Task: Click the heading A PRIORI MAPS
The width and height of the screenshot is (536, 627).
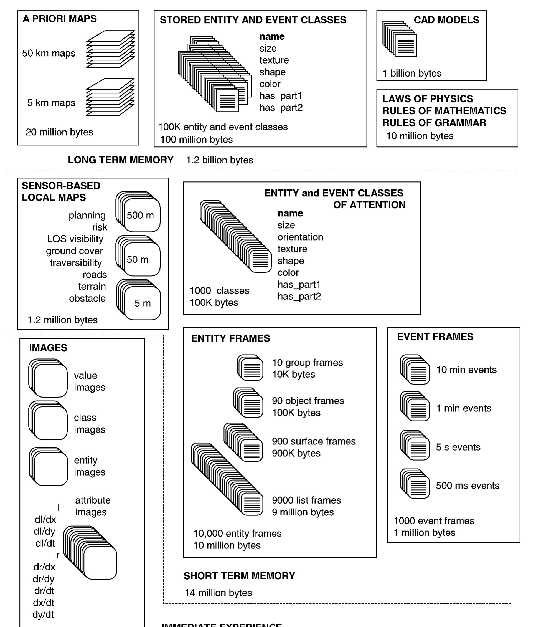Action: [x=60, y=19]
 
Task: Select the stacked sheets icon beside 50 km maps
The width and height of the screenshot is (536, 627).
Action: [x=110, y=49]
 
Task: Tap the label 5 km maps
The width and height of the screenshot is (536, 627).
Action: [x=51, y=103]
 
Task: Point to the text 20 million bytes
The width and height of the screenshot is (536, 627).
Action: [x=59, y=132]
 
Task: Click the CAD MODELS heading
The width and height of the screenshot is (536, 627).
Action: [x=446, y=20]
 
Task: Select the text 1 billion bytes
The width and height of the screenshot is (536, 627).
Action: [x=412, y=73]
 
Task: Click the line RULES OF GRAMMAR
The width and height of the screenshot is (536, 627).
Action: [x=434, y=123]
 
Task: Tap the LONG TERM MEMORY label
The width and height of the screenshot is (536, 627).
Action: [x=120, y=160]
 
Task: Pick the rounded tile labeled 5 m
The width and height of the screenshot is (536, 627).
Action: [x=142, y=303]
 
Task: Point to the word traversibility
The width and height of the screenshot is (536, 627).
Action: [x=76, y=263]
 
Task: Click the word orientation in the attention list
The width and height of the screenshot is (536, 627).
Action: [x=300, y=237]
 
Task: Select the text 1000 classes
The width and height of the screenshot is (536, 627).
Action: [x=219, y=290]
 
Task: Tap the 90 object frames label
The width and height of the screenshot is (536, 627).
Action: [x=308, y=401]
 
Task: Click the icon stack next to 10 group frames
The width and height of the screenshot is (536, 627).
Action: [x=250, y=367]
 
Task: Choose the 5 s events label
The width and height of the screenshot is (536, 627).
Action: [x=458, y=447]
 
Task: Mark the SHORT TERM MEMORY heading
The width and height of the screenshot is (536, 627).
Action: [x=239, y=576]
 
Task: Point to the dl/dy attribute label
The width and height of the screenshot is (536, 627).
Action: [x=44, y=531]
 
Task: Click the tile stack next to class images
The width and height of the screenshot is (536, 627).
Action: [x=49, y=421]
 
